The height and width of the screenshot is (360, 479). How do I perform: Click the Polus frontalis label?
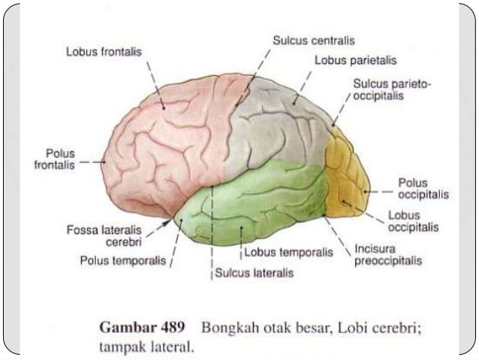pos(55,160)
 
